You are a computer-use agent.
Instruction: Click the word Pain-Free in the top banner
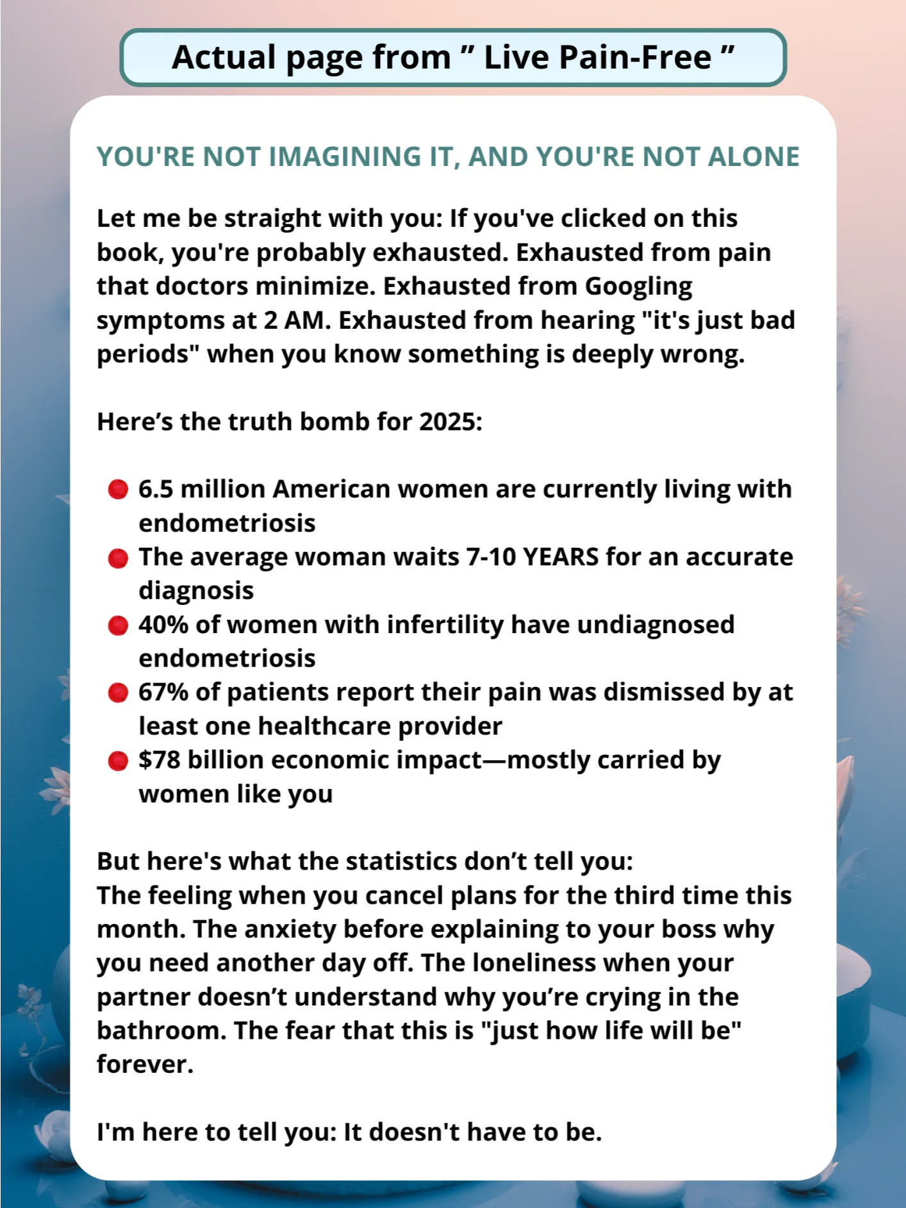click(635, 58)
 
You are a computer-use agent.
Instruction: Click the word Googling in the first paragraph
click(638, 286)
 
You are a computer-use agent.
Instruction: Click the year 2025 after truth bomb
click(450, 422)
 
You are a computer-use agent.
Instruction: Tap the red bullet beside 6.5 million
click(118, 490)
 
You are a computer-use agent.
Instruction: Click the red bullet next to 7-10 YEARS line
click(118, 558)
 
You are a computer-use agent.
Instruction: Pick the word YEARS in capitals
click(561, 557)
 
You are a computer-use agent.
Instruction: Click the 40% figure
click(163, 624)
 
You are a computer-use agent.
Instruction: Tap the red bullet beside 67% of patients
click(118, 693)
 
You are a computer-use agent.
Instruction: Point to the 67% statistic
click(163, 692)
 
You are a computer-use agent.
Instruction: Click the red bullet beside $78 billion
click(118, 761)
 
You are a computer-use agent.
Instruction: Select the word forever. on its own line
click(145, 1064)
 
